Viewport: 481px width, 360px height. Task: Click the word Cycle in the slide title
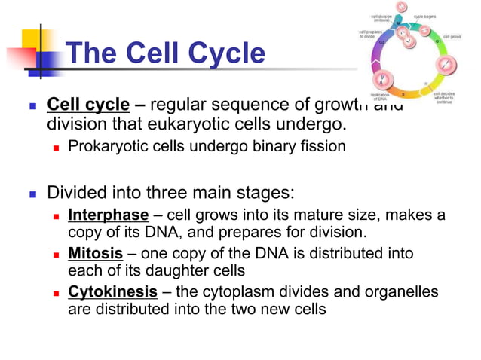[x=224, y=53]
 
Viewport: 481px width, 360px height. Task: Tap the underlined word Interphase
[x=108, y=215]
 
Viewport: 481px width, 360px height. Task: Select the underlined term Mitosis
[x=95, y=253]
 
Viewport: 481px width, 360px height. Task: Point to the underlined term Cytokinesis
[x=112, y=291]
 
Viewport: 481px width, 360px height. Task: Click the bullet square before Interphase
[x=57, y=215]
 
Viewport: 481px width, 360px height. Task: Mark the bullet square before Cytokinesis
[x=57, y=292]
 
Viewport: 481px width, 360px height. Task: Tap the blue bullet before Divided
[x=32, y=193]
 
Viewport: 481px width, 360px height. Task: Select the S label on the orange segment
[x=403, y=94]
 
